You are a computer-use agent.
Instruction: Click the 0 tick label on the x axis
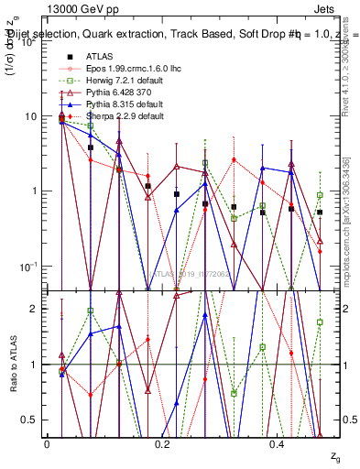coord(47,442)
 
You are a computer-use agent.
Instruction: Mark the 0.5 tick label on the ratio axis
coord(27,420)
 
